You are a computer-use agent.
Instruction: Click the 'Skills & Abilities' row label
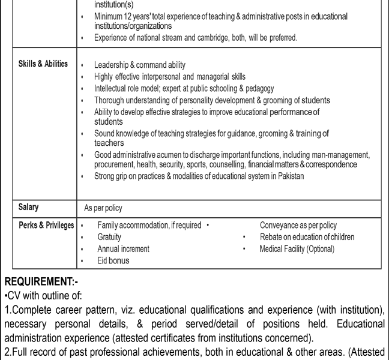43,64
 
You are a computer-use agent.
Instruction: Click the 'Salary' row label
28,208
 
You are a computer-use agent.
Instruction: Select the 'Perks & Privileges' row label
46,225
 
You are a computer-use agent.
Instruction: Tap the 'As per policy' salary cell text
103,208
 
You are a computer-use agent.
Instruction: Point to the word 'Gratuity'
109,237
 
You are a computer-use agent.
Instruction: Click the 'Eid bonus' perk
113,261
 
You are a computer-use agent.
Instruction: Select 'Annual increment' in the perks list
123,249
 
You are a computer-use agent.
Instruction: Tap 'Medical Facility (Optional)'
297,249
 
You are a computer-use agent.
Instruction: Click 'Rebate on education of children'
307,237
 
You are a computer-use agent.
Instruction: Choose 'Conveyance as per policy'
298,226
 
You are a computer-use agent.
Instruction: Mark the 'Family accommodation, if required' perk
149,226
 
